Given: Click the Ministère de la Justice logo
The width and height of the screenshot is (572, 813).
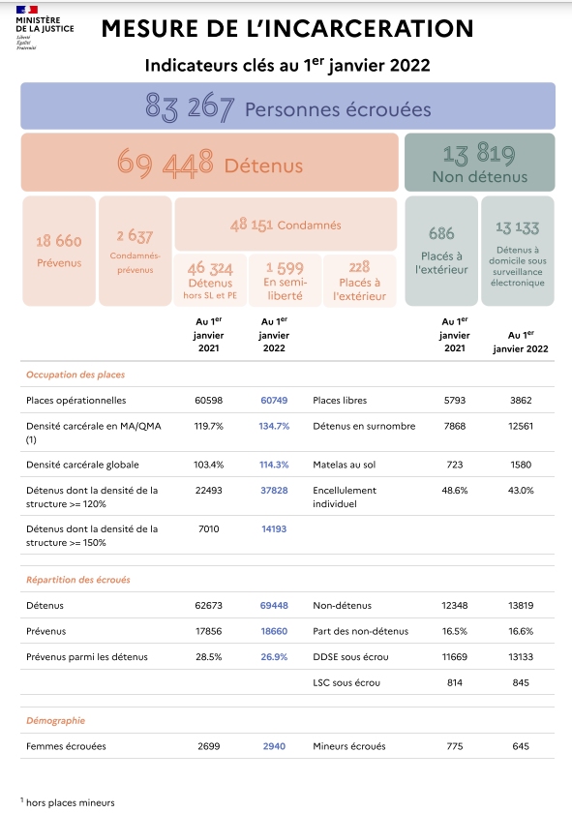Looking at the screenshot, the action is (x=45, y=28).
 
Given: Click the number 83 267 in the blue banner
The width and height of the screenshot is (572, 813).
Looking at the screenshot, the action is (x=190, y=107).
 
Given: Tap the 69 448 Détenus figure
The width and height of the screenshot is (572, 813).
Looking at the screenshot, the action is (x=210, y=163).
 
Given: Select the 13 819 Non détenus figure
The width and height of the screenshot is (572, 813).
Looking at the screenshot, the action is (x=480, y=163).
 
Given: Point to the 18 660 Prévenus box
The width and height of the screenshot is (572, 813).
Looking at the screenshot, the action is (x=59, y=251).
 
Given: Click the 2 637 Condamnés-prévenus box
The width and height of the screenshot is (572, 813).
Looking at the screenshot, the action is (x=135, y=251).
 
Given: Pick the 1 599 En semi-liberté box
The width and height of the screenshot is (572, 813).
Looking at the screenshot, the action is (x=285, y=281).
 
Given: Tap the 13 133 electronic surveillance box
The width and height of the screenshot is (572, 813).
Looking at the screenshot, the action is (x=518, y=251).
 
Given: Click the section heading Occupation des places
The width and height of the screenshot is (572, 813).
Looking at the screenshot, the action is (x=75, y=375).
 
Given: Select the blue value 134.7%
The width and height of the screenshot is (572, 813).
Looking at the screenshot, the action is (x=274, y=426).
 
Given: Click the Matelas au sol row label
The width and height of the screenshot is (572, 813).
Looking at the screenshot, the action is (x=345, y=465).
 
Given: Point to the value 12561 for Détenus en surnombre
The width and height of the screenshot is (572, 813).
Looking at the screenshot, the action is (x=521, y=426).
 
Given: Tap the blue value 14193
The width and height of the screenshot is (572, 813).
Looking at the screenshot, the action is (x=274, y=528).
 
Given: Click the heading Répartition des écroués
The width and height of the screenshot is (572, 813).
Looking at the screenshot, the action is (x=78, y=580).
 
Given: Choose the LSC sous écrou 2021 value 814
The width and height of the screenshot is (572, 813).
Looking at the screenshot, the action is (x=455, y=682).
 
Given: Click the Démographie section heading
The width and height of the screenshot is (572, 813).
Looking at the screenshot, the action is (x=55, y=721).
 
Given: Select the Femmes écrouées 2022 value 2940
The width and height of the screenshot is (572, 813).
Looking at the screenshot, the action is (x=274, y=746).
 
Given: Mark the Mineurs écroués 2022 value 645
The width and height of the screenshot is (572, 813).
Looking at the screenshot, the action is (x=521, y=746).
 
